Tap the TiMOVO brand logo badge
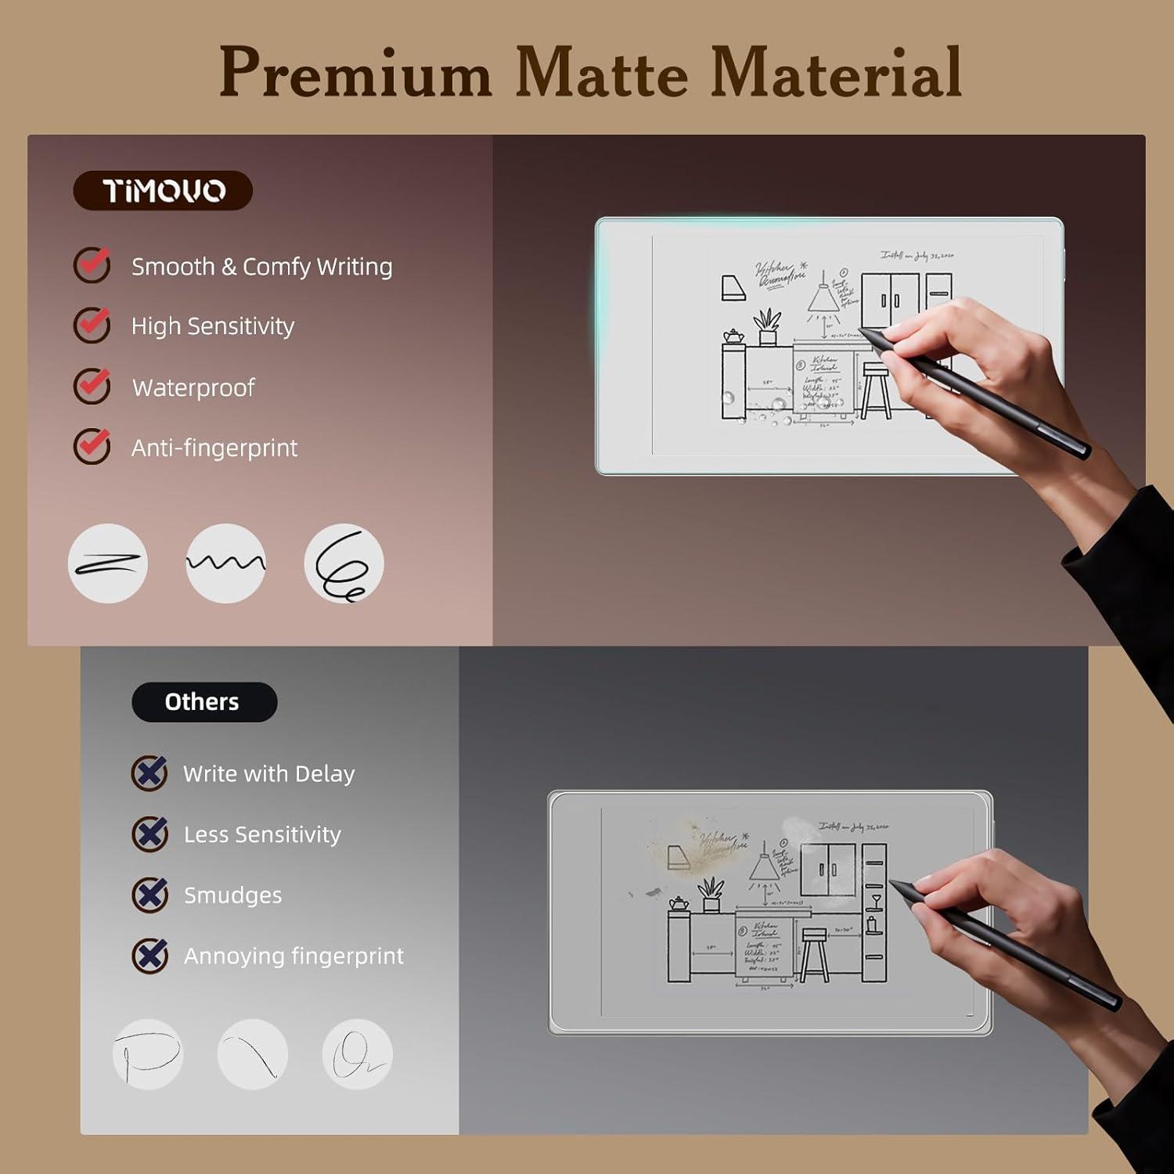[163, 190]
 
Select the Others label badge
[203, 702]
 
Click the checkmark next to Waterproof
[92, 386]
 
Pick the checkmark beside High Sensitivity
[92, 325]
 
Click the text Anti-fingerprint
[214, 448]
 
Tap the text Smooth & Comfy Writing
[261, 267]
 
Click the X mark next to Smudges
[149, 895]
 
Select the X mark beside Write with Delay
[149, 773]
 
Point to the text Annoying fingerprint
[293, 956]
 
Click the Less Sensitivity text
[262, 834]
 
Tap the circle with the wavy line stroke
[225, 564]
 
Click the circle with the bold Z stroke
[108, 564]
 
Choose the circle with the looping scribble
[344, 564]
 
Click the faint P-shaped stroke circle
[148, 1054]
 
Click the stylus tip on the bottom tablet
[893, 883]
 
